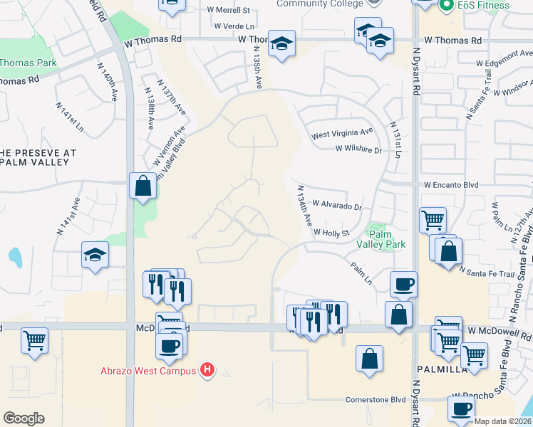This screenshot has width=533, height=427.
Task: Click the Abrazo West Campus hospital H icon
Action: point(207,369)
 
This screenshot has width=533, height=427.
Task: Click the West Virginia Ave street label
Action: point(342,132)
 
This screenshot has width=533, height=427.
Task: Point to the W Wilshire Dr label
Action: point(358,150)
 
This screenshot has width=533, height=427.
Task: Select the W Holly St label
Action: point(331,232)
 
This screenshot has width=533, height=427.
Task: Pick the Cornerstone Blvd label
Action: point(376,399)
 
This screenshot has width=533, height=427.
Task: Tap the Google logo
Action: point(24,418)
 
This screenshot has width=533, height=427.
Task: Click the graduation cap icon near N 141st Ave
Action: point(94,255)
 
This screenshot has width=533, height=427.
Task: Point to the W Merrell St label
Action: point(228,11)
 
